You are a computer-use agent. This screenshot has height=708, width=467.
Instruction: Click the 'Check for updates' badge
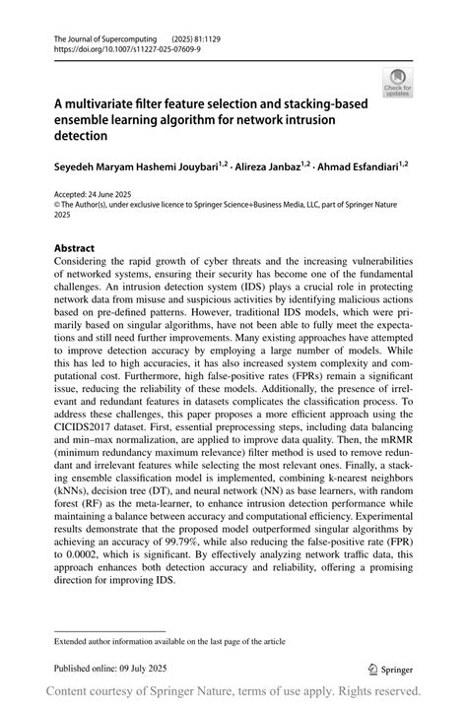[397, 82]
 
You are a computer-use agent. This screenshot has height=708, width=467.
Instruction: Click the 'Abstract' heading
[75, 248]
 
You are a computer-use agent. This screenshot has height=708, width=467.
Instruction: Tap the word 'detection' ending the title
[80, 136]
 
